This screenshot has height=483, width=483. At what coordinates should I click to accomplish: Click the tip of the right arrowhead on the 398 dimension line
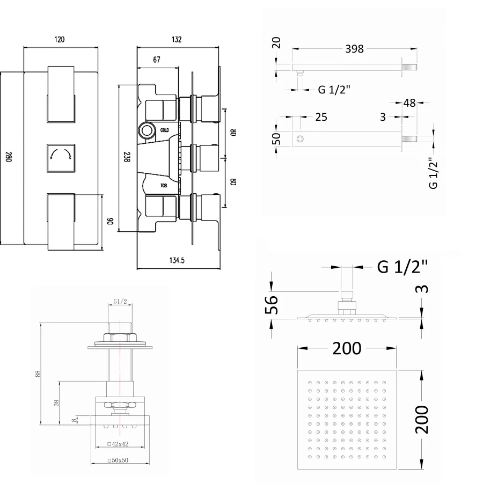click(418, 48)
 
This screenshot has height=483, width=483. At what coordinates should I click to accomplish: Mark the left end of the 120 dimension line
click(24, 47)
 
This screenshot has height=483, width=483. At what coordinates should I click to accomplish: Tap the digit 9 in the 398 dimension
click(354, 49)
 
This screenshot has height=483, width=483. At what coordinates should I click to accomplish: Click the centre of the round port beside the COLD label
click(147, 130)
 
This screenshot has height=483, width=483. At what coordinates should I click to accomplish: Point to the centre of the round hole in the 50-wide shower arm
click(299, 139)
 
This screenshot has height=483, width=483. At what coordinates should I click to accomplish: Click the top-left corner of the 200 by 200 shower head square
click(297, 370)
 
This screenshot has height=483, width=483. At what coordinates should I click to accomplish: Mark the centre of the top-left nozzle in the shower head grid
click(310, 383)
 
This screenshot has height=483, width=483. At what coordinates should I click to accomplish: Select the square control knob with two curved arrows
click(61, 158)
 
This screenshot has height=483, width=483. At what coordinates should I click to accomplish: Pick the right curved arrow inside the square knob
click(68, 153)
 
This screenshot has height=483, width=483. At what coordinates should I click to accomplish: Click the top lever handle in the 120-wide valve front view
click(61, 94)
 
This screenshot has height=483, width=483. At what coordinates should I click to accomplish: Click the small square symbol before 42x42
click(109, 444)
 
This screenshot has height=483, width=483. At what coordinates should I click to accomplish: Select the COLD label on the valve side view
click(165, 130)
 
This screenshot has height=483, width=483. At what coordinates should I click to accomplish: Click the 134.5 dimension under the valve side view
click(177, 260)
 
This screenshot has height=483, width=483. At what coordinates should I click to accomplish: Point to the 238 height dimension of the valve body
click(127, 157)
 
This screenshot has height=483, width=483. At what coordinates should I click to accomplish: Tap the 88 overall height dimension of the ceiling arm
click(38, 374)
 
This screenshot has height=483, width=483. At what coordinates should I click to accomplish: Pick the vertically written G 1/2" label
click(433, 173)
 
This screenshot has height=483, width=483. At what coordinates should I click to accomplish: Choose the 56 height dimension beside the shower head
click(272, 305)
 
